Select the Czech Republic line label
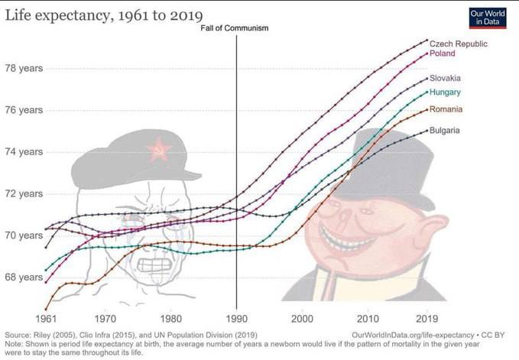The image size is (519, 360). coord(458,44)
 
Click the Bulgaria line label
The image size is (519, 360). coord(444,131)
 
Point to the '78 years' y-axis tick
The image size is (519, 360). coord(24,68)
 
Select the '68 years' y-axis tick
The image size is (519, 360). coord(24,277)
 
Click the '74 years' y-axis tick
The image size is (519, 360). coord(24,151)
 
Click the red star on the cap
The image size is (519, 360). coord(159,149)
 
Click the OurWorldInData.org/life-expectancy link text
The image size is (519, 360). coord(411,335)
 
